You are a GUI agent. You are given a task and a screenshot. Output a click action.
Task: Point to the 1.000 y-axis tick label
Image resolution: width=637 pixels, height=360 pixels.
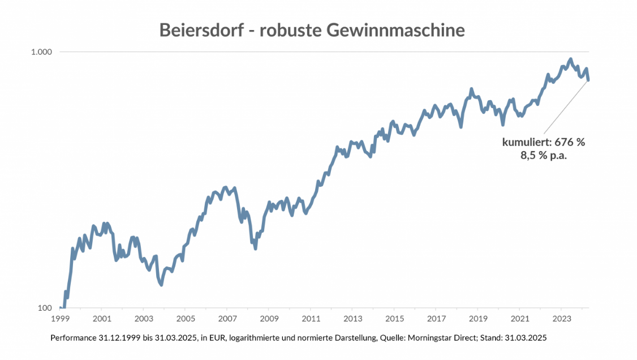(x=41, y=52)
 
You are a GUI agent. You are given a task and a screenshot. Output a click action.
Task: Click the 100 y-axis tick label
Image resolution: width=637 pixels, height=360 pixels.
(x=45, y=308)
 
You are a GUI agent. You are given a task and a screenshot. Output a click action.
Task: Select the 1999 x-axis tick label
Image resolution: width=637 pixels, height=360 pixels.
(x=60, y=318)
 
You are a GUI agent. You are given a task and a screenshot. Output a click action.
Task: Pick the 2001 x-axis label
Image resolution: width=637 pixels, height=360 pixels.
(x=102, y=318)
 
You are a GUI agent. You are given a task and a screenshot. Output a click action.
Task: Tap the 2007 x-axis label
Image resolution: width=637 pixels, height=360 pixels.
(x=227, y=318)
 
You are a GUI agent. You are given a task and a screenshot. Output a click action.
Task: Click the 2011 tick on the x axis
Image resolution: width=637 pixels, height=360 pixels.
(x=311, y=318)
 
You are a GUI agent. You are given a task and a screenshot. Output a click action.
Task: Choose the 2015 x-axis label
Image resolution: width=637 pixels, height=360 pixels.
(x=394, y=318)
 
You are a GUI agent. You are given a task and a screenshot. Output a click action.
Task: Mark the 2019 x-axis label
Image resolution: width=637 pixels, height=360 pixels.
(x=478, y=318)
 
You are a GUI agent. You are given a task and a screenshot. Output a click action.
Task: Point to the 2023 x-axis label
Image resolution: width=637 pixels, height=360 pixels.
(x=561, y=318)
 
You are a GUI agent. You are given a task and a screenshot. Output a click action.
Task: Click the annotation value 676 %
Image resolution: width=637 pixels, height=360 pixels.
(x=570, y=142)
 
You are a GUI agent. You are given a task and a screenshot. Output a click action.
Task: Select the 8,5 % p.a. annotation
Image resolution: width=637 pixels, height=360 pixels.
(x=544, y=156)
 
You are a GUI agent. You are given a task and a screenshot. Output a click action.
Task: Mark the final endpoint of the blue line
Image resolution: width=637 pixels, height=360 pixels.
(x=588, y=80)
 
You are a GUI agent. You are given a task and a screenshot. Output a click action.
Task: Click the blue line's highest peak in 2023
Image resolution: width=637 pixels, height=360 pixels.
(x=570, y=59)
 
